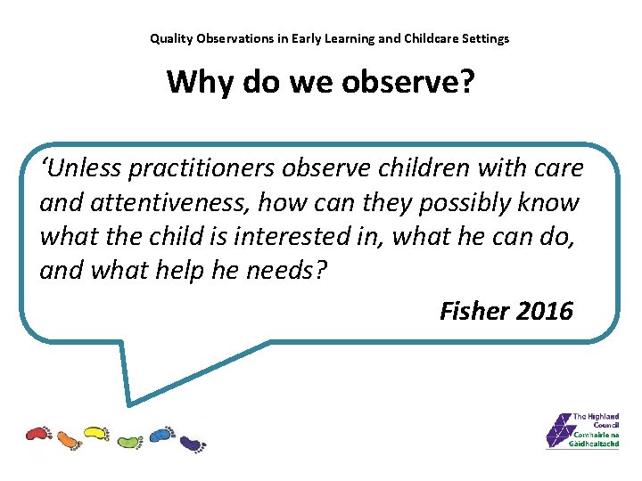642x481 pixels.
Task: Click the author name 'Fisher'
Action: tap(473, 311)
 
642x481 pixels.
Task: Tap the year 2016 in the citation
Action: tap(544, 311)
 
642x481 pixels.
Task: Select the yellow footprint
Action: tap(95, 434)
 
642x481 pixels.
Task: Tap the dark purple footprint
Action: tap(192, 442)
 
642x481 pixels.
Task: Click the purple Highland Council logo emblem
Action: tap(559, 431)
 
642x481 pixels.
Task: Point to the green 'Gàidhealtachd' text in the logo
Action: tap(594, 444)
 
